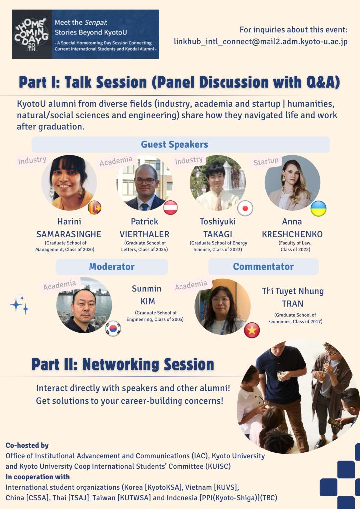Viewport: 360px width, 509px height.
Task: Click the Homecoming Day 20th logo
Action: [x=32, y=34]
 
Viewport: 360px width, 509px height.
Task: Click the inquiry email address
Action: [x=261, y=42]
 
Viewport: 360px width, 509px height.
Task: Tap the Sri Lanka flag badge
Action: [x=94, y=207]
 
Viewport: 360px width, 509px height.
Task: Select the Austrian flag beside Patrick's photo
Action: [x=170, y=208]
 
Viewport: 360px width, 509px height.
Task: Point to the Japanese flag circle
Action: [x=245, y=208]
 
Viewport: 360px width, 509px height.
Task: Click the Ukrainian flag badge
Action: [x=318, y=208]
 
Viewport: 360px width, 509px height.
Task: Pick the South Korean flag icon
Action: [x=113, y=328]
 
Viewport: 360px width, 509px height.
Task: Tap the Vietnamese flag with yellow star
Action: [x=252, y=330]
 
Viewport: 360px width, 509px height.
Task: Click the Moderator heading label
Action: [x=112, y=267]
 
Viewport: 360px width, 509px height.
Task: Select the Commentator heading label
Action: [x=263, y=266]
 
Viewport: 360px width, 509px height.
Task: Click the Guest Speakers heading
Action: [x=175, y=145]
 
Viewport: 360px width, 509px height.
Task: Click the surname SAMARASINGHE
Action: [x=69, y=234]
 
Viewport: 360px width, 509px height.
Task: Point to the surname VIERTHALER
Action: [x=145, y=234]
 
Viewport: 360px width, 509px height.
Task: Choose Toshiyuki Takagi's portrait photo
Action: [x=218, y=182]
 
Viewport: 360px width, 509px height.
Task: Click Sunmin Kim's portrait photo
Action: [x=84, y=305]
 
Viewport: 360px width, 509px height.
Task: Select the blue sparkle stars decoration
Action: [x=20, y=305]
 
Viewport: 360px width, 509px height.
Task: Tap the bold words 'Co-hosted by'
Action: [x=27, y=445]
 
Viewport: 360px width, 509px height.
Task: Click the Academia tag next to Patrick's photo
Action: [x=116, y=161]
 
